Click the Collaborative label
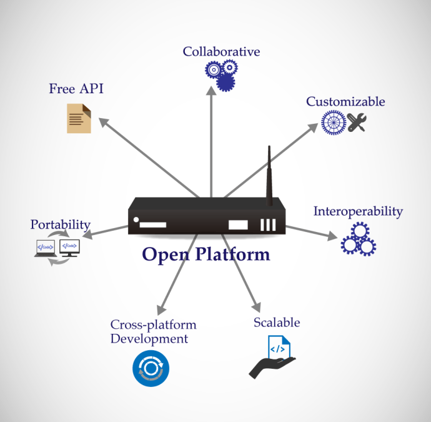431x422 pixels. coord(221,52)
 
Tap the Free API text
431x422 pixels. coord(76,89)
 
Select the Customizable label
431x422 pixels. coord(345,101)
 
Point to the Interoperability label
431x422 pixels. coord(358,211)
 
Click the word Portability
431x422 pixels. coord(61,225)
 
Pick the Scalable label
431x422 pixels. coord(277,323)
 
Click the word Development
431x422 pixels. coord(149,339)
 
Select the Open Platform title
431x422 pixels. coord(206,254)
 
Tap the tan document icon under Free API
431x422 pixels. coord(79,118)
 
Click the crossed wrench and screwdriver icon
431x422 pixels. coord(357,122)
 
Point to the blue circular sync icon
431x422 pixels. coord(151,368)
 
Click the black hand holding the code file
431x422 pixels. coord(270,367)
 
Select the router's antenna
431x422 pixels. coord(269,176)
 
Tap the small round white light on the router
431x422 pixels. coord(136,219)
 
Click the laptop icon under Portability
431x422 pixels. coord(46,248)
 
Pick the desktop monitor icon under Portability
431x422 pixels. coord(70,248)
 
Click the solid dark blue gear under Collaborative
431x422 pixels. coord(225,83)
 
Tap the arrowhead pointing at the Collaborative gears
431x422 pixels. coord(211,91)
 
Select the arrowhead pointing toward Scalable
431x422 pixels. coord(257,307)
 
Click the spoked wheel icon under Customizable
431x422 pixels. coord(334,123)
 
